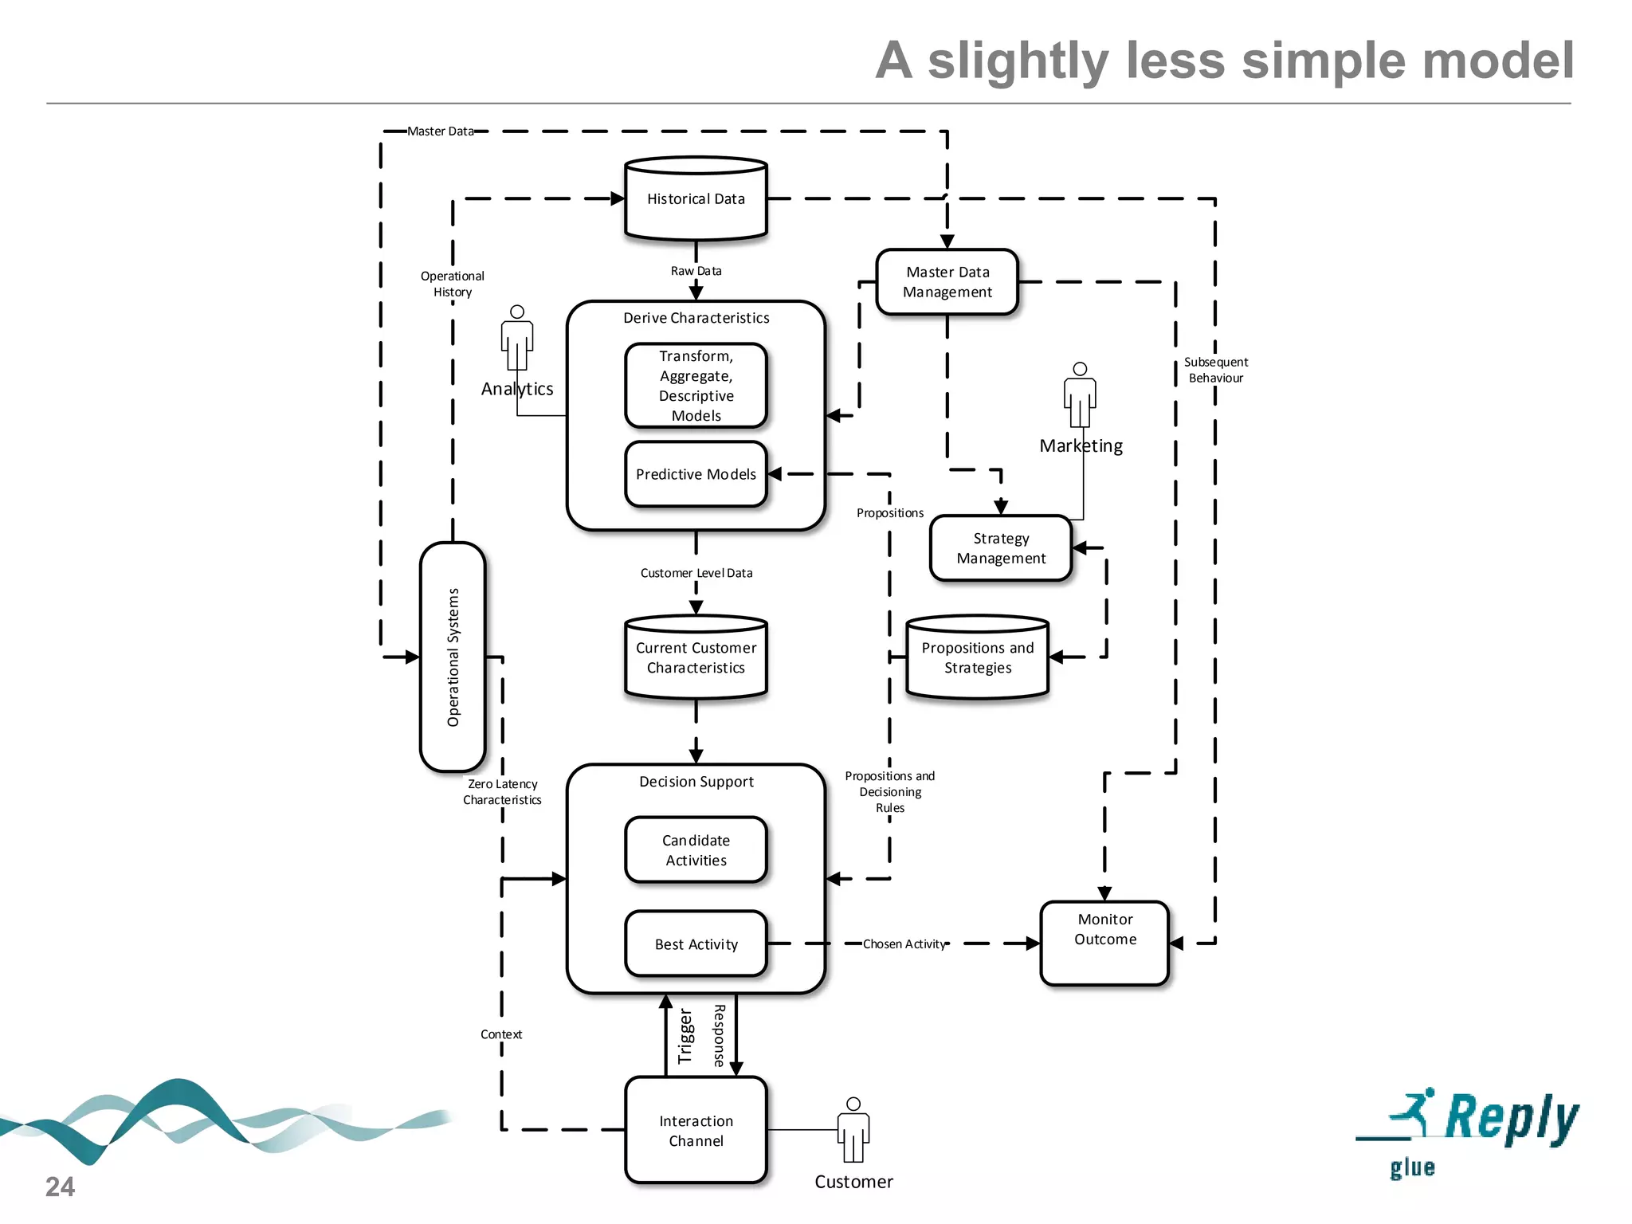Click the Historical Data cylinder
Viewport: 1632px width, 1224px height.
pos(696,199)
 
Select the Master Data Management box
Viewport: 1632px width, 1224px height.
pos(947,282)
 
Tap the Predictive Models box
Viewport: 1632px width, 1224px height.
pos(696,474)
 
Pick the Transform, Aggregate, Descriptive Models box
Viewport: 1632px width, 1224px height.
pos(696,386)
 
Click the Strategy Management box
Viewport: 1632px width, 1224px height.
pos(1001,548)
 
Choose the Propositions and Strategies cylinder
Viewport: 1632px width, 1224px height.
pos(977,658)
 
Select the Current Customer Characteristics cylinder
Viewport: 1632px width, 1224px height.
pos(696,658)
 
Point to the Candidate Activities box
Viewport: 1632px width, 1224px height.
pos(696,850)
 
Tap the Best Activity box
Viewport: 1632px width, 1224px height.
pos(696,944)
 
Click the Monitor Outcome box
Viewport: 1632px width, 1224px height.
pos(1104,943)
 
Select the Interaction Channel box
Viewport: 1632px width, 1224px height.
pos(696,1130)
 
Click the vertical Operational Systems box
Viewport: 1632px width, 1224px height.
pos(453,657)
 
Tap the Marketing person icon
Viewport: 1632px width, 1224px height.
pos(1080,396)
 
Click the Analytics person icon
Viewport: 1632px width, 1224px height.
pos(517,339)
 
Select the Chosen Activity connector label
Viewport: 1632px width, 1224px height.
pos(904,944)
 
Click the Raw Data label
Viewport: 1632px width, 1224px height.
pos(696,271)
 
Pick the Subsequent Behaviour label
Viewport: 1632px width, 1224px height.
pos(1215,370)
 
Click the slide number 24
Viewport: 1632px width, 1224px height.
pos(60,1187)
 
